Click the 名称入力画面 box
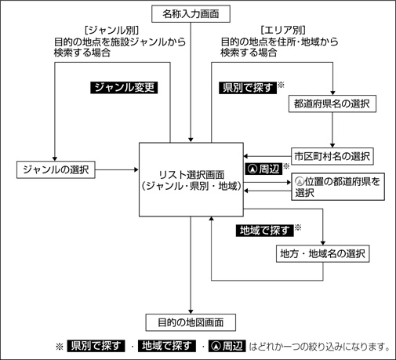tap(191, 14)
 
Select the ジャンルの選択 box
tap(56, 169)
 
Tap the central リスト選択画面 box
tap(191, 180)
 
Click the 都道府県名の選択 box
tap(332, 104)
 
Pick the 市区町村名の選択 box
tap(332, 156)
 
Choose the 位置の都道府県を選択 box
tap(338, 187)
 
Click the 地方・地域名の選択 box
tap(323, 253)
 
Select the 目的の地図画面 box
tap(191, 322)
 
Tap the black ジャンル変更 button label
tap(124, 88)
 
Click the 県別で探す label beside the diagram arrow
tap(248, 88)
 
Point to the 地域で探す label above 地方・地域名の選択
tap(264, 231)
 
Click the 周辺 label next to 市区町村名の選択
tap(263, 169)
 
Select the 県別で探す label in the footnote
tap(96, 346)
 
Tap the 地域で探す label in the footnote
tap(167, 346)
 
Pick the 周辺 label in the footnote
tap(227, 346)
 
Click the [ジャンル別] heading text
tap(111, 30)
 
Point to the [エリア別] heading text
tap(283, 30)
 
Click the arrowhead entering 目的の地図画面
tap(191, 311)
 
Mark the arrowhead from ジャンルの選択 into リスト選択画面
tap(136, 169)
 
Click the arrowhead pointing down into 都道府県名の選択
tap(332, 93)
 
